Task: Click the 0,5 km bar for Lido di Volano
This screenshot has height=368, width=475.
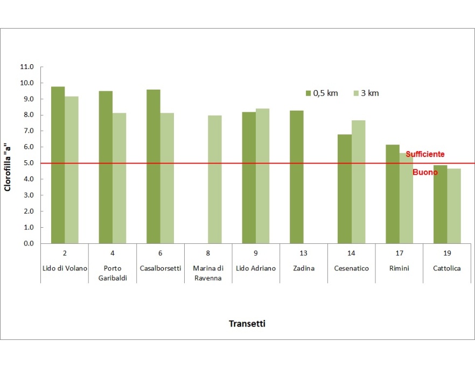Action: [x=58, y=165]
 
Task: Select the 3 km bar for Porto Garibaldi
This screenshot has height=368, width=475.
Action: [x=120, y=178]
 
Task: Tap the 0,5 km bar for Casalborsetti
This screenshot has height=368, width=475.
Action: [x=153, y=166]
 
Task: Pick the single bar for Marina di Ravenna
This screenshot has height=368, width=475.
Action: [x=215, y=179]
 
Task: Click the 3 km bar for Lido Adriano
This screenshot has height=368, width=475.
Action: [x=263, y=176]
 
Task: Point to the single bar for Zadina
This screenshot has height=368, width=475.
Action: [x=297, y=177]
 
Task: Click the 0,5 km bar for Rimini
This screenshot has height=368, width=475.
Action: [x=393, y=194]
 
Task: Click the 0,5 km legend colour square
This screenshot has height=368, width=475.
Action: [x=308, y=93]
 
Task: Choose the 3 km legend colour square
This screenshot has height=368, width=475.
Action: [x=355, y=93]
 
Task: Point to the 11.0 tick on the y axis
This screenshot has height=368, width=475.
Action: [x=26, y=67]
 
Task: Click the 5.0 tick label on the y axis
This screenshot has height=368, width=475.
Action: [x=26, y=163]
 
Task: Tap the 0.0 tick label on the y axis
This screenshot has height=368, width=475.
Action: [x=26, y=243]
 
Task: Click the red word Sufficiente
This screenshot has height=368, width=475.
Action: [x=425, y=154]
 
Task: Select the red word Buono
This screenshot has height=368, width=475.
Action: [x=425, y=172]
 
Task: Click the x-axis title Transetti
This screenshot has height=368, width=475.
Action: [x=247, y=324]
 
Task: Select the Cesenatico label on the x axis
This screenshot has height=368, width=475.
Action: [x=352, y=268]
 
